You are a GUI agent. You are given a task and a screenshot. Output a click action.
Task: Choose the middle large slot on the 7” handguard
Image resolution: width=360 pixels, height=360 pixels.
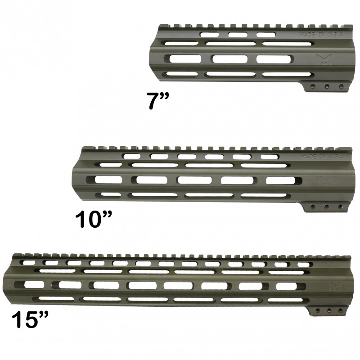[x=228, y=58]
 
